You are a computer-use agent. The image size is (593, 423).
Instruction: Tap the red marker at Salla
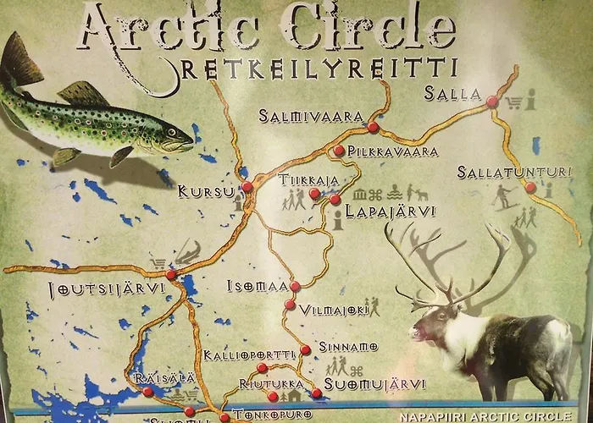point(492,102)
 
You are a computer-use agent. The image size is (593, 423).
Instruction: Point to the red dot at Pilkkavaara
point(339,151)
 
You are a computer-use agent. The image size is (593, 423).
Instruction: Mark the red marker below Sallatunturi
point(530,188)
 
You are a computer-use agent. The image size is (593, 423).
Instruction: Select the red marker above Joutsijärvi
point(171,274)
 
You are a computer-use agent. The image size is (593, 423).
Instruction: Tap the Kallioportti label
point(249,354)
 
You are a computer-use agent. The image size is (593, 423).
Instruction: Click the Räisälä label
point(152,377)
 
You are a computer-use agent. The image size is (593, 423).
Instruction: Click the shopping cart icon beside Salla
point(513,103)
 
